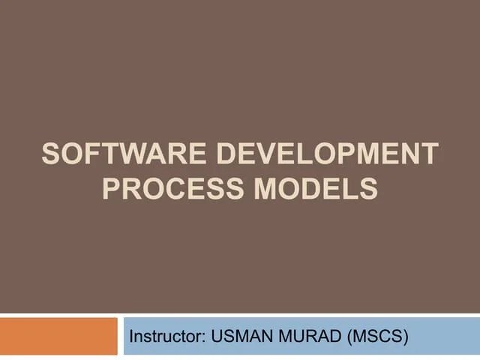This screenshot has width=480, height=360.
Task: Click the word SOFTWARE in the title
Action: pos(124,154)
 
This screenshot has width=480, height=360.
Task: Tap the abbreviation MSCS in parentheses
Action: pos(379,337)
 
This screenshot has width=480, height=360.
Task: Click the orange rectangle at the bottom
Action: pos(58,337)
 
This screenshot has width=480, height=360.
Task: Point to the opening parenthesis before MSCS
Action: pos(352,337)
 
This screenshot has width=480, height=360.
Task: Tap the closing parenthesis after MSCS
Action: pos(406,337)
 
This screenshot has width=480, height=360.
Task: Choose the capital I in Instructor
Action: pos(133,337)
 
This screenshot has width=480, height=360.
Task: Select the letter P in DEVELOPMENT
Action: pos(350,154)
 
